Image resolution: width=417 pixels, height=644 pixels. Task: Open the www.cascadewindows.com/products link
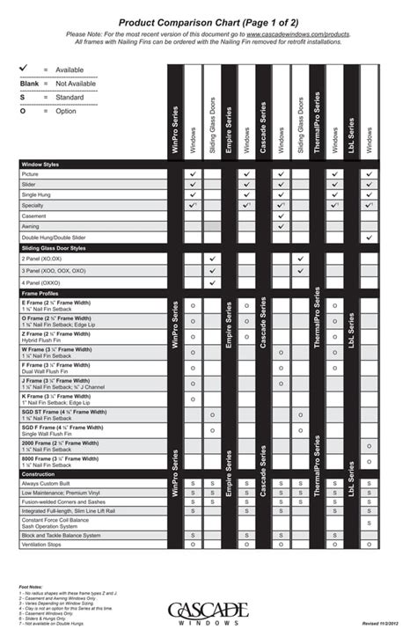point(292,33)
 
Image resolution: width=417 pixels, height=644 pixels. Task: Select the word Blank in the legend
point(30,83)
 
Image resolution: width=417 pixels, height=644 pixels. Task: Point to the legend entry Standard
point(69,97)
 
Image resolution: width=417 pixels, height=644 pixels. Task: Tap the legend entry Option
point(66,111)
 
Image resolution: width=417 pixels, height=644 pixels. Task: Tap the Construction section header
point(40,473)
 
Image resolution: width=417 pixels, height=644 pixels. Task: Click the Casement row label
point(35,216)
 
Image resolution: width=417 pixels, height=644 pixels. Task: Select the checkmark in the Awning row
point(281,226)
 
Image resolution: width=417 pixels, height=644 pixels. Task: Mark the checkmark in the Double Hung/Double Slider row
point(369,238)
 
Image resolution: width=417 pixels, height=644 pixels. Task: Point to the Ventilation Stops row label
point(43,545)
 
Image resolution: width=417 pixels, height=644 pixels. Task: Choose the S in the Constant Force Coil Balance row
point(369,523)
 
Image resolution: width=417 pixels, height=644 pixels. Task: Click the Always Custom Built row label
point(48,483)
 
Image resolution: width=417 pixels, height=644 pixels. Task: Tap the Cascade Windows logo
point(208,612)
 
